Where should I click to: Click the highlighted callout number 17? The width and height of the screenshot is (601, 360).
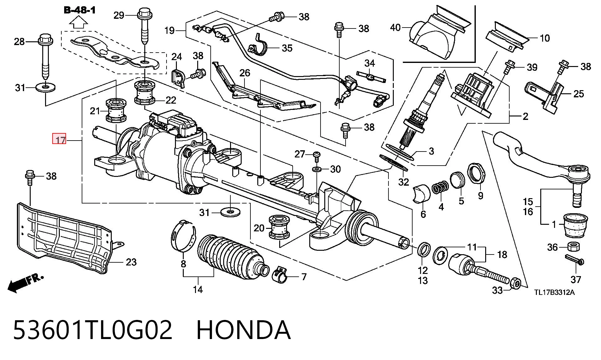pos(59,139)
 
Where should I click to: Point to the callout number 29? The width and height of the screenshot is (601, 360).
pos(119,15)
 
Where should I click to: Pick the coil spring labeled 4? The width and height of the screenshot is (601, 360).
pos(440,187)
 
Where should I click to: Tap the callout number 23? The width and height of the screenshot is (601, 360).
pos(131,262)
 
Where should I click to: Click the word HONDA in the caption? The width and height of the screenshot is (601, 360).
pos(244,330)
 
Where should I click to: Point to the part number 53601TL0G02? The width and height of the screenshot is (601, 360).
pos(93,330)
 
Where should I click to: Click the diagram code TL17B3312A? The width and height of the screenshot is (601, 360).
pos(554,292)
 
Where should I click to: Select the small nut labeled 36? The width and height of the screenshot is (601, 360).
pos(573,246)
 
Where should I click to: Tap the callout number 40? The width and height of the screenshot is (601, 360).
pos(395,28)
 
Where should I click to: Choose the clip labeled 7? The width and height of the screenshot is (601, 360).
pos(281,275)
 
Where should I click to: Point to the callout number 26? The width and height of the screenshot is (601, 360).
pos(245,73)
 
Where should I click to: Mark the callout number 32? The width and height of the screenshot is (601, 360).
pos(403,182)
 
